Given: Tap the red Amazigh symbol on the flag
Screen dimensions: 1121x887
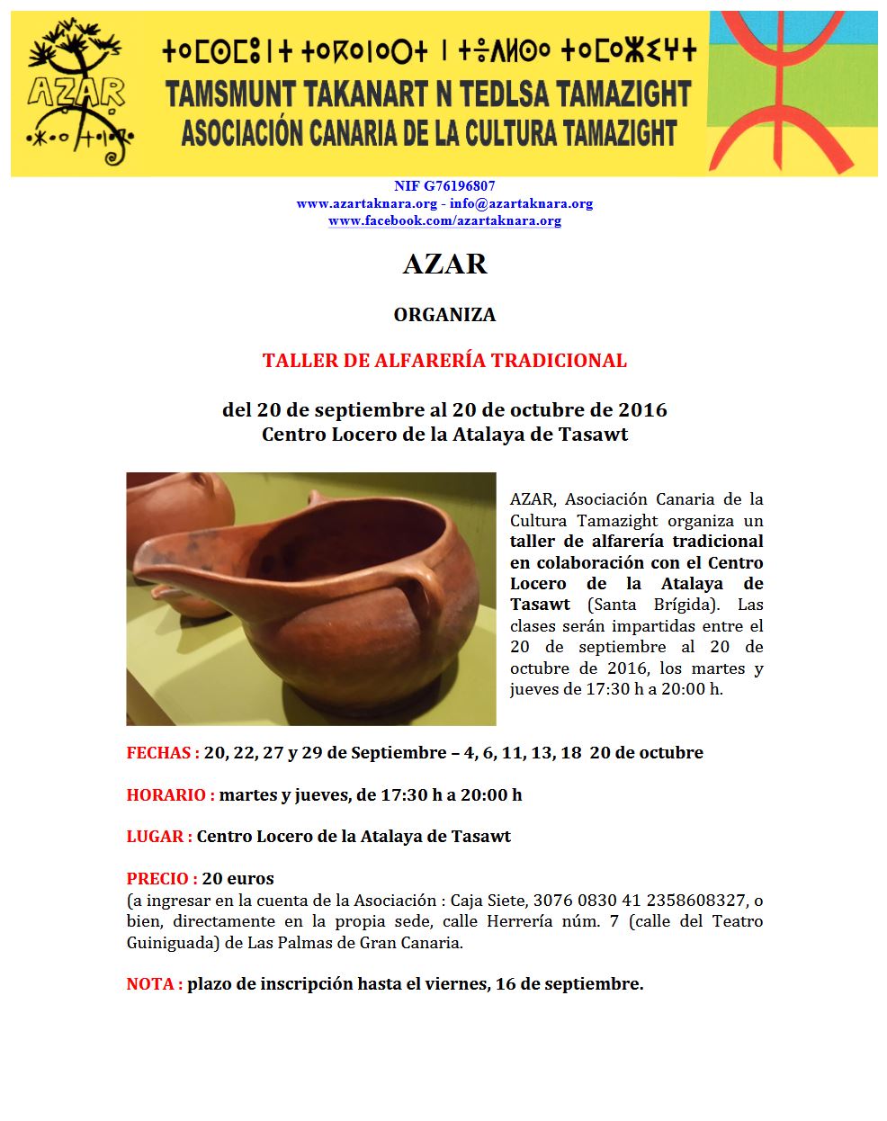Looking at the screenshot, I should (792, 90).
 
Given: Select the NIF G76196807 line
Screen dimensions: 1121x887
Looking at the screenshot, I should (444, 187).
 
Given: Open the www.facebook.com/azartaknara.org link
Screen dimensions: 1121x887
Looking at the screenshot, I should (444, 220).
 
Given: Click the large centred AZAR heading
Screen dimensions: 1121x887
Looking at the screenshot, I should (444, 264).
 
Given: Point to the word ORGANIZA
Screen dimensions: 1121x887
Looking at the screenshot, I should (444, 315).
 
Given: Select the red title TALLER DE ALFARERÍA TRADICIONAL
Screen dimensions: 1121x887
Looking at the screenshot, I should (444, 361).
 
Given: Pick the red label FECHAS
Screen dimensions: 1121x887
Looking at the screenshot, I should (162, 753).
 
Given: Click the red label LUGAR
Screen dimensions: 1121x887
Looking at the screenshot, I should (158, 837).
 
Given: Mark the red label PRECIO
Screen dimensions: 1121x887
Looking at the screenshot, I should (161, 879).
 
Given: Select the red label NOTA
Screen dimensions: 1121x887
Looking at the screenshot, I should (154, 984).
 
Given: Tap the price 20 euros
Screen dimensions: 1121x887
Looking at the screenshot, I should (238, 879).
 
